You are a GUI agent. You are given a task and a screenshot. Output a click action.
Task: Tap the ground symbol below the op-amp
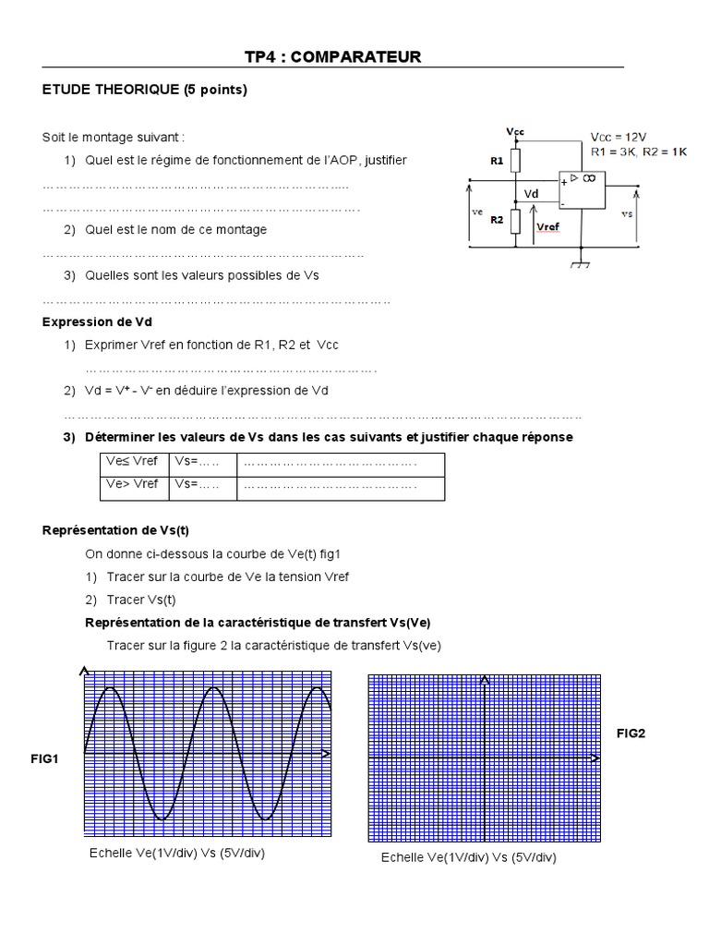[580, 264]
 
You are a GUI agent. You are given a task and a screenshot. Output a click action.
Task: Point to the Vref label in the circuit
[547, 226]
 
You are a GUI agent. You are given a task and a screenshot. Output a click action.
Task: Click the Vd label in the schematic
[531, 194]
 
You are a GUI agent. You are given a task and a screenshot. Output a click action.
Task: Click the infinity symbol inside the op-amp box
[587, 177]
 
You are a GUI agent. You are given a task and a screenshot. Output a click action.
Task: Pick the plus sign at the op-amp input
[563, 183]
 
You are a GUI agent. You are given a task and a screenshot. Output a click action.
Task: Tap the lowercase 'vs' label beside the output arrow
[628, 213]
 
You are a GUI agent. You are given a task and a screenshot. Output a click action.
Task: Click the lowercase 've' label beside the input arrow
[477, 212]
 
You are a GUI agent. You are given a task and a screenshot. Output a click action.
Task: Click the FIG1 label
[44, 759]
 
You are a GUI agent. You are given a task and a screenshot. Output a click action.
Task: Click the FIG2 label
[631, 734]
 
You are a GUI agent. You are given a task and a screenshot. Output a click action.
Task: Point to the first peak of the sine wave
[111, 687]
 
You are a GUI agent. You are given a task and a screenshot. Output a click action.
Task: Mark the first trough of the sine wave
[162, 819]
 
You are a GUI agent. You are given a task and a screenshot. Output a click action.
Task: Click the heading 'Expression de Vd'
[98, 321]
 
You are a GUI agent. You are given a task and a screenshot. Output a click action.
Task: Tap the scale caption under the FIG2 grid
[469, 858]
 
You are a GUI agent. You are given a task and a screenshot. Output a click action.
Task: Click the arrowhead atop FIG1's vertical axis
[85, 670]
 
